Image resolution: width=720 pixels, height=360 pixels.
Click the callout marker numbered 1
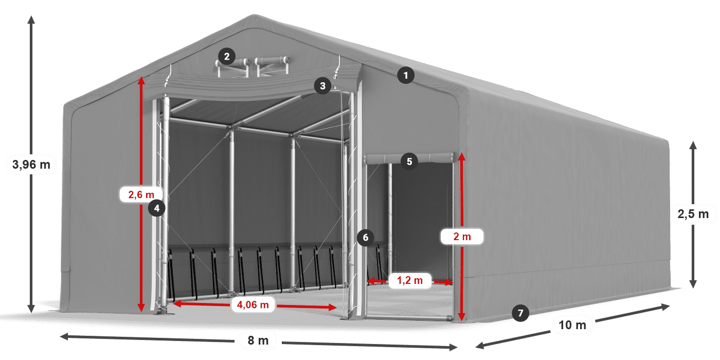click(406, 76)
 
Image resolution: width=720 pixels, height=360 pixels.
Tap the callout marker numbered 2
click(227, 57)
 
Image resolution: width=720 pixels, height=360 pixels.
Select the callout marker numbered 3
click(323, 86)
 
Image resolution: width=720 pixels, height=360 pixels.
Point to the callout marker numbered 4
click(156, 208)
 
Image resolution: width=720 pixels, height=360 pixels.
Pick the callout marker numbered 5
click(409, 161)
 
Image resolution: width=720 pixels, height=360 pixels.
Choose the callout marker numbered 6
click(366, 238)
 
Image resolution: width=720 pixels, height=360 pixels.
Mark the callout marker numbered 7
click(520, 313)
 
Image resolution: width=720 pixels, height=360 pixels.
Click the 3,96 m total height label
click(31, 165)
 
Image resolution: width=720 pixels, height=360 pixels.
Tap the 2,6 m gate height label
click(141, 194)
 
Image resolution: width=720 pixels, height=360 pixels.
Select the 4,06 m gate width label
click(253, 304)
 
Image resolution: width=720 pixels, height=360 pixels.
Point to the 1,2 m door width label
click(409, 280)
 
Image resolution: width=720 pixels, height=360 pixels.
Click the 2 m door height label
click(462, 237)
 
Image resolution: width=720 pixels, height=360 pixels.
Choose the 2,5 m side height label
click(693, 214)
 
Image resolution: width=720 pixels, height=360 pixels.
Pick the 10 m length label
click(572, 325)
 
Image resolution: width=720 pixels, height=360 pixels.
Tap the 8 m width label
click(258, 340)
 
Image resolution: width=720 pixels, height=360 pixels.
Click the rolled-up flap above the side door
click(410, 158)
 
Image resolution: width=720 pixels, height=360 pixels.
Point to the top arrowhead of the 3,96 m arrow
click(31, 20)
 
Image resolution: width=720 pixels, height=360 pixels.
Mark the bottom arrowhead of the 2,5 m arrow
click(693, 284)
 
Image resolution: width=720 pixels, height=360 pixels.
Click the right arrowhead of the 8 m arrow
click(453, 347)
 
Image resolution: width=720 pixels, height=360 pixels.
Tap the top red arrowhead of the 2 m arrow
click(462, 157)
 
